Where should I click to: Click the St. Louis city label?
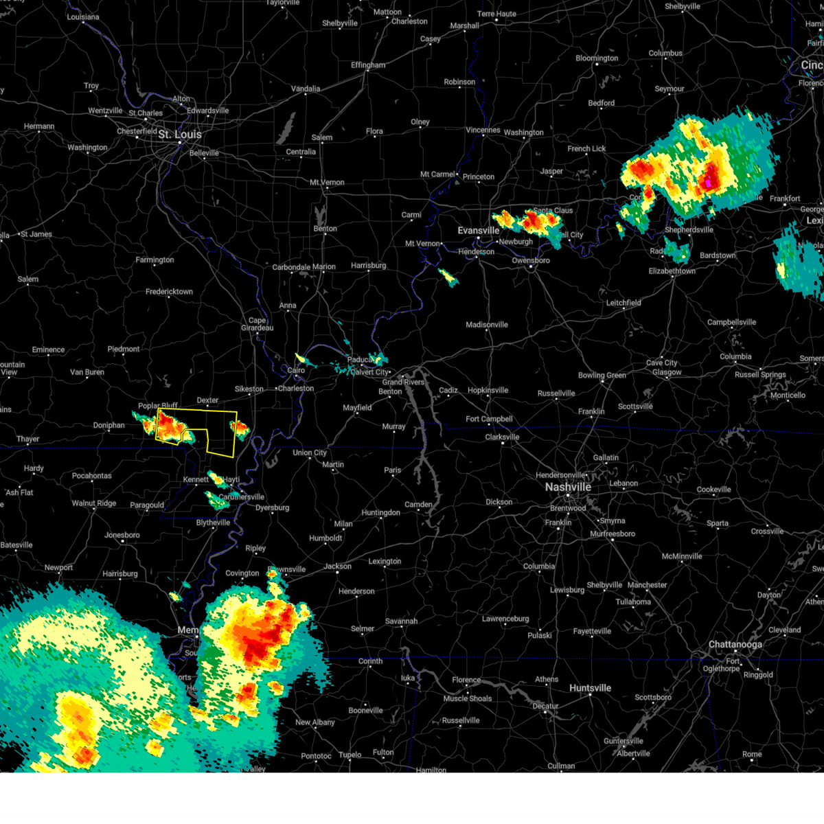[180, 135]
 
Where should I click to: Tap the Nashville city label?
[568, 487]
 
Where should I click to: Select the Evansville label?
[479, 231]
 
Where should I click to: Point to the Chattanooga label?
[735, 645]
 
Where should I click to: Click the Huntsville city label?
[590, 688]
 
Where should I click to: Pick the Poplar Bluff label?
[158, 406]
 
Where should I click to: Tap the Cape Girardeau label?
[257, 324]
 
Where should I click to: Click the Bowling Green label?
[602, 375]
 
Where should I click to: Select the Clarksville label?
[502, 437]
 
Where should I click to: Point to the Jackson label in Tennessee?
[337, 566]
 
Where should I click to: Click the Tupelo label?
[350, 755]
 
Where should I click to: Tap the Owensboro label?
[531, 261]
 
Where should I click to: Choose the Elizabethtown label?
[672, 271]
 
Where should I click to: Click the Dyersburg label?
[272, 508]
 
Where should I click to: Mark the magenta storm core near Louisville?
[708, 183]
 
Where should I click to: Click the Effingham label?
[368, 65]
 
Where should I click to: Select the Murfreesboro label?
[613, 534]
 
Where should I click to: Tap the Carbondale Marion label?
[304, 267]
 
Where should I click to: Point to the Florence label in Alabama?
[466, 680]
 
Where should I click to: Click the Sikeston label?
[249, 389]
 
